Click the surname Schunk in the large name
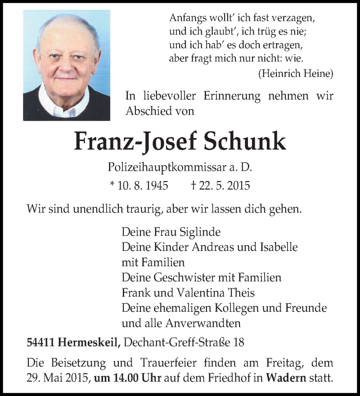(x=245, y=141)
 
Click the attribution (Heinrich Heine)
(x=296, y=73)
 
